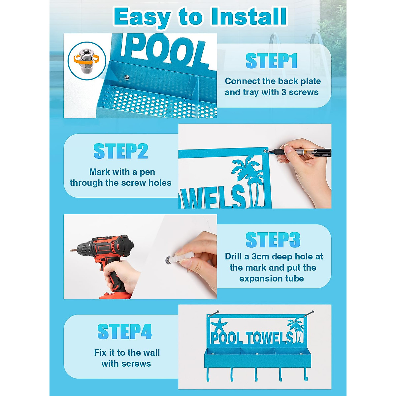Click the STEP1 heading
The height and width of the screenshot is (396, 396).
[271, 61]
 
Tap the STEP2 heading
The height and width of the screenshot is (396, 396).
[120, 151]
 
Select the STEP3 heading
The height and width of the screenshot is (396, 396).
[273, 240]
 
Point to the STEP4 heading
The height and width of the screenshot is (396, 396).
[125, 332]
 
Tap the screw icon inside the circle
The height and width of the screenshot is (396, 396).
[87, 60]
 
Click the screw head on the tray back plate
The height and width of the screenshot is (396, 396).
[126, 78]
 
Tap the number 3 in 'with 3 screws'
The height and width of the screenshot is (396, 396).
[283, 92]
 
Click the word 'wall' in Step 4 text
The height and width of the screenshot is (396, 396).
[151, 353]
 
